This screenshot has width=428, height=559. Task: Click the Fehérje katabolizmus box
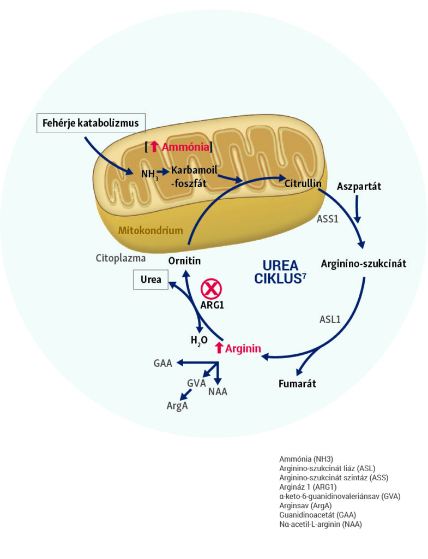click(x=92, y=124)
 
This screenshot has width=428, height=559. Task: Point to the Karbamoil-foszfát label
click(x=194, y=176)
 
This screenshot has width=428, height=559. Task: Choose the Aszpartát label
click(x=358, y=186)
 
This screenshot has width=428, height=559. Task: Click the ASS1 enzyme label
click(x=328, y=219)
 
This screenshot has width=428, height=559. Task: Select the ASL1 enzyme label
click(x=330, y=319)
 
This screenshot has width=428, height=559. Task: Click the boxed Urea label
click(x=150, y=279)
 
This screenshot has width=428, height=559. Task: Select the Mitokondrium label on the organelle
click(x=150, y=230)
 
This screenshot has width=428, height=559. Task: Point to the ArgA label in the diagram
click(x=178, y=406)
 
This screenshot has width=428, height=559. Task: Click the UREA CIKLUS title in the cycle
click(x=280, y=271)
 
